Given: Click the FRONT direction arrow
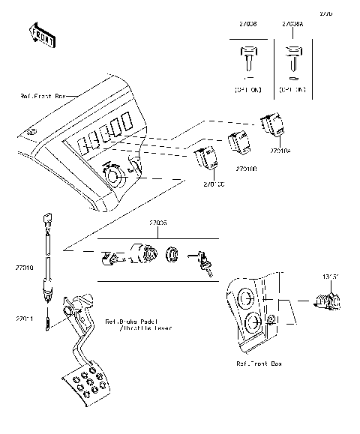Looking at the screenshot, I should tap(43, 35).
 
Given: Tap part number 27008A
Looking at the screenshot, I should tap(292, 25).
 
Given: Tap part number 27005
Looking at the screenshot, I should tap(157, 223).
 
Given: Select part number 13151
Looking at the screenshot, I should tap(331, 277).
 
